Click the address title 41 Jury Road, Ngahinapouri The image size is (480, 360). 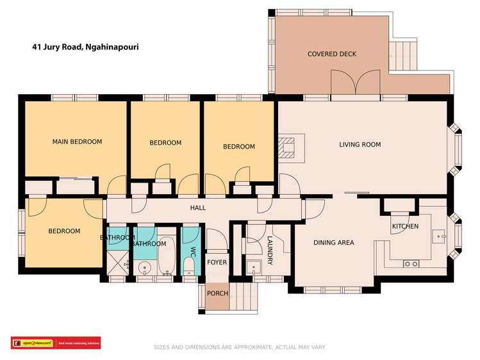[x=86, y=47]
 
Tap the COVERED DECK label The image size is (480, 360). [x=331, y=54]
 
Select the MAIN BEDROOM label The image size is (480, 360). [x=77, y=142]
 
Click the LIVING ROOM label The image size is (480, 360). [x=360, y=145]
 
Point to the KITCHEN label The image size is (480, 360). [x=405, y=226]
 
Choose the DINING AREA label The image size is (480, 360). [x=333, y=243]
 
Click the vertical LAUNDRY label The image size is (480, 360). [x=270, y=250]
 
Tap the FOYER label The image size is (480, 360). [x=217, y=262]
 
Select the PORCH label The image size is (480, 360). [x=217, y=293]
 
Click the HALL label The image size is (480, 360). [x=197, y=208]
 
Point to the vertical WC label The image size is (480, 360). [x=192, y=251]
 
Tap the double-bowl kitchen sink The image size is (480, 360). [x=411, y=263]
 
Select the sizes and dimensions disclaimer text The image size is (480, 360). [x=240, y=347]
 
